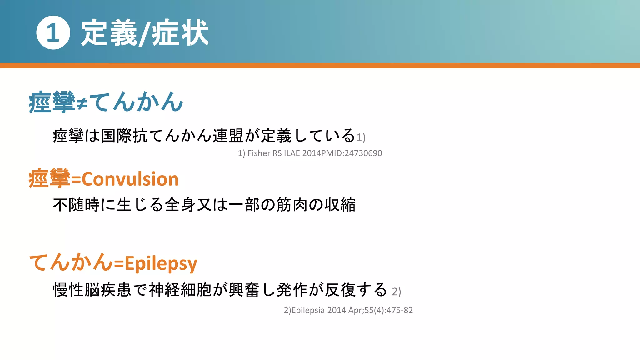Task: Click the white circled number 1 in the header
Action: (x=53, y=32)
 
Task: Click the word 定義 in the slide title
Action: (x=109, y=32)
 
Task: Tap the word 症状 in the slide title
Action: (x=180, y=32)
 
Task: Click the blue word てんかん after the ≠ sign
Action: (x=136, y=102)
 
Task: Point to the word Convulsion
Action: (x=130, y=179)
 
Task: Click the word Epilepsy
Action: (x=161, y=263)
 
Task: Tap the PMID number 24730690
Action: (x=363, y=153)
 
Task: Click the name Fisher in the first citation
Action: (x=259, y=153)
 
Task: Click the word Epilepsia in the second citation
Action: (x=308, y=310)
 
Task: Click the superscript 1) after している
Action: (x=361, y=137)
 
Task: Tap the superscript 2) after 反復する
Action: (x=396, y=292)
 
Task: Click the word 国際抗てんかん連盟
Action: (x=172, y=136)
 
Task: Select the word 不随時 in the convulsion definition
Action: (x=77, y=205)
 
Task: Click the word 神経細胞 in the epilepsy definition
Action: (x=180, y=290)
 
